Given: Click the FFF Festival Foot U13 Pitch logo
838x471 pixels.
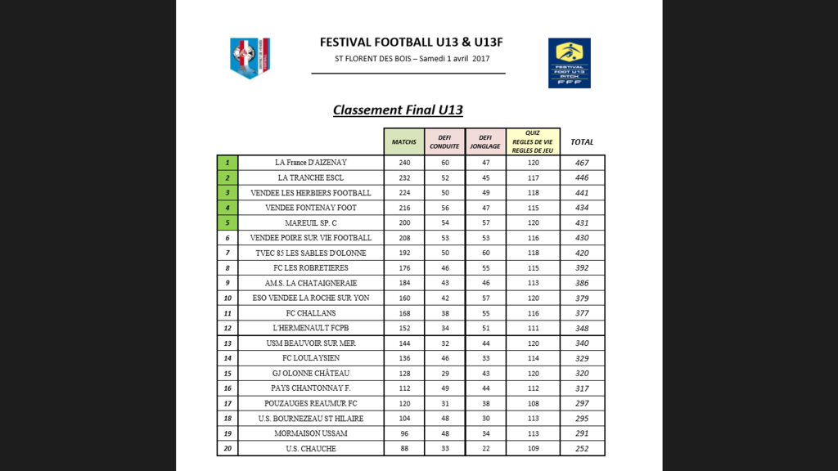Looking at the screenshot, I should pyautogui.click(x=570, y=63).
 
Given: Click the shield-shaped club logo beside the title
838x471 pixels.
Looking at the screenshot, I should pyautogui.click(x=250, y=59).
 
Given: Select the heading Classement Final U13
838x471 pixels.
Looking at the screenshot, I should pyautogui.click(x=398, y=110).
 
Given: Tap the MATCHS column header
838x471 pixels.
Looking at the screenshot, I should pyautogui.click(x=403, y=141).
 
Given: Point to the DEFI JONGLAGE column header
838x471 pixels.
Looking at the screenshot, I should pyautogui.click(x=484, y=141).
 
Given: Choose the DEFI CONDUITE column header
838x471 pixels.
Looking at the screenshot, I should pyautogui.click(x=444, y=141).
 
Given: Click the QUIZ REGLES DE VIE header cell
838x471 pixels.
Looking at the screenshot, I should pyautogui.click(x=533, y=141).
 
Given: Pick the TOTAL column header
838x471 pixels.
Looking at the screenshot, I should pyautogui.click(x=582, y=141).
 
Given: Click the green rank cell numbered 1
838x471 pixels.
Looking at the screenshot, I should pyautogui.click(x=227, y=163).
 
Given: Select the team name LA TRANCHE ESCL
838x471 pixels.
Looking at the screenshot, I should pyautogui.click(x=311, y=177).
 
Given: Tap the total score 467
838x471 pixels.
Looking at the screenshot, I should pyautogui.click(x=582, y=163).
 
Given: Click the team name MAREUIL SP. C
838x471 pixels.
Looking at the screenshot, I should pyautogui.click(x=311, y=222).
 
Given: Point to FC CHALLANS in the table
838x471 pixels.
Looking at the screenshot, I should pyautogui.click(x=311, y=313).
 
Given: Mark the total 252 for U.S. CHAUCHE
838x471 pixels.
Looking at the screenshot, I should pyautogui.click(x=582, y=448).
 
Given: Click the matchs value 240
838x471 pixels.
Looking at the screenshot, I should pyautogui.click(x=404, y=163).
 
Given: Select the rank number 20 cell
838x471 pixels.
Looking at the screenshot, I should pyautogui.click(x=227, y=448).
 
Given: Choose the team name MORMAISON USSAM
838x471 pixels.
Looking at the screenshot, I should pyautogui.click(x=311, y=433).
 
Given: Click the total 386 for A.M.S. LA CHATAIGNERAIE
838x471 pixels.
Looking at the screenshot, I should pyautogui.click(x=582, y=283).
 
